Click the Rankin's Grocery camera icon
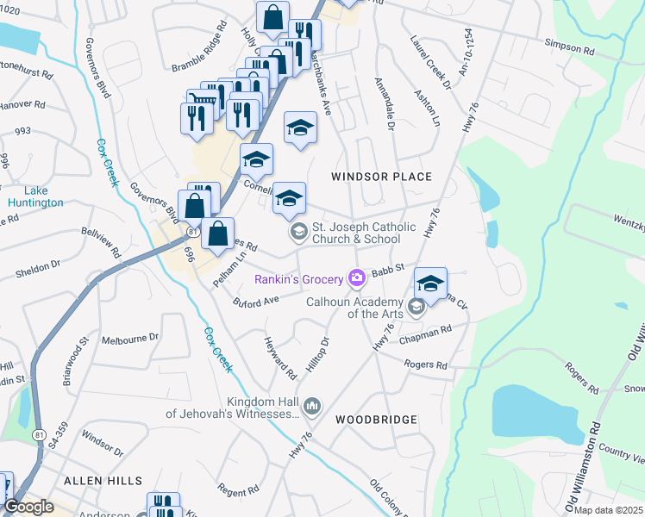click(356, 277)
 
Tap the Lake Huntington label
click(35, 196)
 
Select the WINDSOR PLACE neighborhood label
click(381, 177)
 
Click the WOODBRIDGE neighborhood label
click(376, 420)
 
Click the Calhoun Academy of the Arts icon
click(416, 306)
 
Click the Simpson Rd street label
click(570, 51)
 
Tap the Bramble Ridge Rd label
click(199, 51)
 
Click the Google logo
click(28, 507)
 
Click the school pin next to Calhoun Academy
click(430, 283)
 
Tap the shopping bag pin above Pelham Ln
click(219, 233)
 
